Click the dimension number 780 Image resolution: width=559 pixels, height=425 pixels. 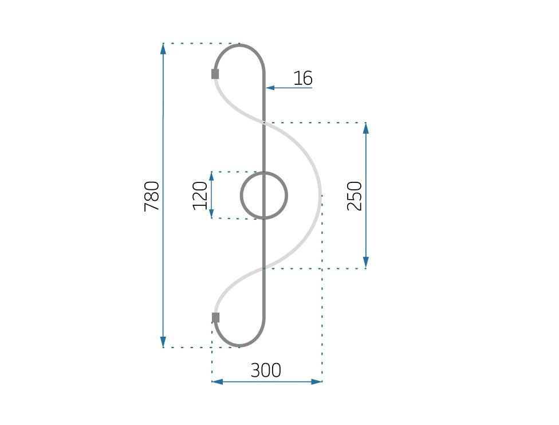tap(152, 196)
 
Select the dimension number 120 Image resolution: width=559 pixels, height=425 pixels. tap(200, 196)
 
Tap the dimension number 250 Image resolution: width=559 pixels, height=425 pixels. tap(355, 196)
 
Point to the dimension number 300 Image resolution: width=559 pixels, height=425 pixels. tap(266, 371)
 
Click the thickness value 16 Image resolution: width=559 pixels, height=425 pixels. tap(302, 78)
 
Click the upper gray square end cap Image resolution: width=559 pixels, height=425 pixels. tap(215, 73)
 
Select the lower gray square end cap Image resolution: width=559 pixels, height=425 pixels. tap(215, 317)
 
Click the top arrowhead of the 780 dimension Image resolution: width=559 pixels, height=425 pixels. tap(163, 48)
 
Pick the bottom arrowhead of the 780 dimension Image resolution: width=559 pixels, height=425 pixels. tap(163, 342)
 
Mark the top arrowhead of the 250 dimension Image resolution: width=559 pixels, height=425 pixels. tap(366, 127)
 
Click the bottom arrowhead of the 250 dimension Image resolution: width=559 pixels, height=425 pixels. tap(366, 263)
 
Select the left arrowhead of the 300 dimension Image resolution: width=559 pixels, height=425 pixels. tap(217, 381)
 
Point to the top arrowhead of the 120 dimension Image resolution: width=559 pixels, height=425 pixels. tap(211, 176)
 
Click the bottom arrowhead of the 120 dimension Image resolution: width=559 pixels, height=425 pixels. tap(211, 214)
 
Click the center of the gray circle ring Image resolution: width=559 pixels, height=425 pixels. tap(264, 196)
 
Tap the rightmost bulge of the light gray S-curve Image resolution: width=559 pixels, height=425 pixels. tap(320, 196)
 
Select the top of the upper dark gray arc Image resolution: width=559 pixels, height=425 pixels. tap(240, 45)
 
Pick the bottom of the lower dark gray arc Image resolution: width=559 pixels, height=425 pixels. tap(240, 346)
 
